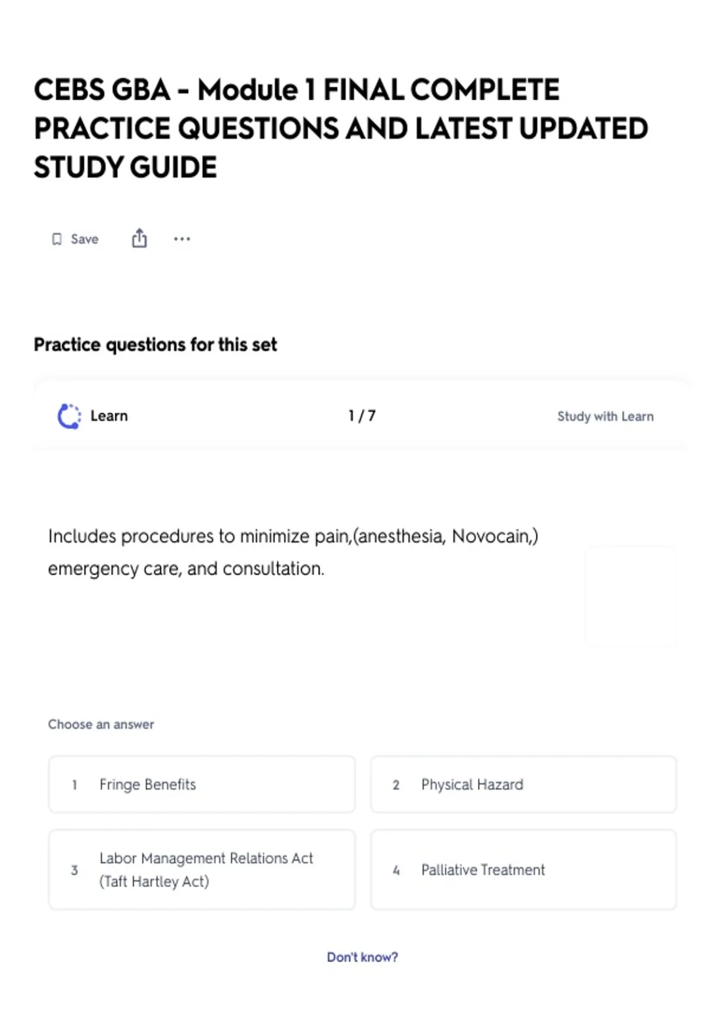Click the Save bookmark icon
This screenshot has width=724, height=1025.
[57, 239]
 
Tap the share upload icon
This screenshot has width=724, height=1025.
[139, 239]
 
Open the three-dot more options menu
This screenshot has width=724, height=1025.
[182, 239]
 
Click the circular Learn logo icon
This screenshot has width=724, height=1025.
[69, 416]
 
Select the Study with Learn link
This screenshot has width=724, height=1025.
[605, 417]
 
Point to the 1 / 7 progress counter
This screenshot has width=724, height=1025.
[362, 416]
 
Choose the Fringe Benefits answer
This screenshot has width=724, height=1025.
[202, 784]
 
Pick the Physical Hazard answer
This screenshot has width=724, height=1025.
[523, 784]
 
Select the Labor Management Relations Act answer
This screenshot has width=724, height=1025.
[202, 869]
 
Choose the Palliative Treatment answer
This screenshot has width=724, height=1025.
[523, 869]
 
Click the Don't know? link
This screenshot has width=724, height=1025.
[362, 957]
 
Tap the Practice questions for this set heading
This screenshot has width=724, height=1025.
[155, 345]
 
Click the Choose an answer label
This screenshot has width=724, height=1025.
[101, 724]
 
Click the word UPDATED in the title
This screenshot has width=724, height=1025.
[583, 129]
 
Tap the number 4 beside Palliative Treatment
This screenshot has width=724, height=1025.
[396, 870]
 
